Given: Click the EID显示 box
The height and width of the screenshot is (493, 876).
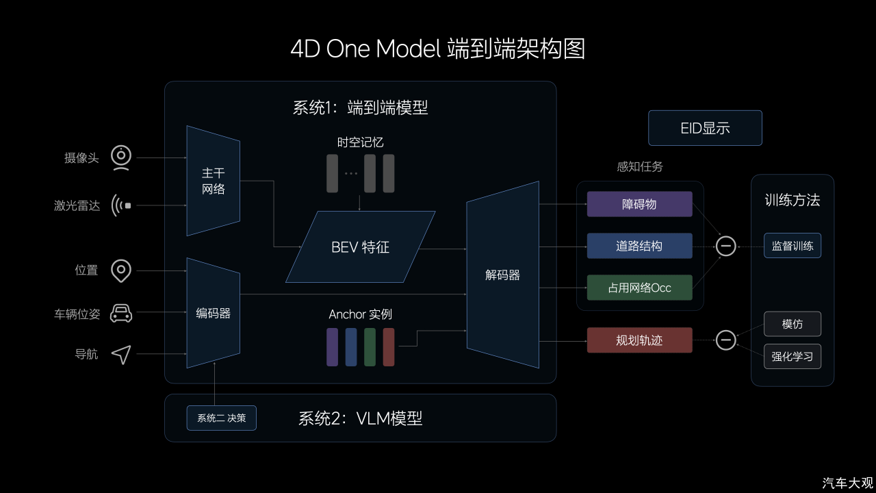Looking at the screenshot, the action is click(x=705, y=128).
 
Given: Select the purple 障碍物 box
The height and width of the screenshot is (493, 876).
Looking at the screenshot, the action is click(x=639, y=204).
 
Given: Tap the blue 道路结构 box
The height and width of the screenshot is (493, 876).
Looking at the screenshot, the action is click(x=639, y=246).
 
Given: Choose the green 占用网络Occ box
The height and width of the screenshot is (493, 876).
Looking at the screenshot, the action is click(x=639, y=288).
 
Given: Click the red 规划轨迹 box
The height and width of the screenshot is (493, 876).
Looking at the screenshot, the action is click(x=639, y=340).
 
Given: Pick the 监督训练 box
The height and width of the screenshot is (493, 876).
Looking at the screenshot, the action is click(x=793, y=245).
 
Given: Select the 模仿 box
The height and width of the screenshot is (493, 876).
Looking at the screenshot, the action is click(x=793, y=324).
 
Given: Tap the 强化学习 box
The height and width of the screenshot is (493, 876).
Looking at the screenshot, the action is click(x=793, y=356).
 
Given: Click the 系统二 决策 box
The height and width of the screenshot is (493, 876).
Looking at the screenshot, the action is click(x=221, y=418).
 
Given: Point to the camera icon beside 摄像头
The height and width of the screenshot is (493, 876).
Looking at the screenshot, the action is click(x=121, y=157).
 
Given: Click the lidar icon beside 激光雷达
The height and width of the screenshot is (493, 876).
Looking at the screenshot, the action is click(x=121, y=205).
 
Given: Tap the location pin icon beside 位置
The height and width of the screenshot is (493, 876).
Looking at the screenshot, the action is click(x=121, y=270).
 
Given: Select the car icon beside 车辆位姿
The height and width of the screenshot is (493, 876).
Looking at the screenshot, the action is click(x=121, y=314).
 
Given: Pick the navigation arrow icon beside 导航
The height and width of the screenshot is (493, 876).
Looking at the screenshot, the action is click(x=122, y=355).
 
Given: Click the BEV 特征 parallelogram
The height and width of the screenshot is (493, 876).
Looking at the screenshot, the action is click(x=360, y=246).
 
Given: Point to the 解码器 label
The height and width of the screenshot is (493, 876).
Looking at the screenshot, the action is click(x=502, y=275).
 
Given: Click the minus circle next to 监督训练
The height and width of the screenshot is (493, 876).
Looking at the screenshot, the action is click(x=726, y=246).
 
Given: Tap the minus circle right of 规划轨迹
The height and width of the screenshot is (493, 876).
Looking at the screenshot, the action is click(x=726, y=340).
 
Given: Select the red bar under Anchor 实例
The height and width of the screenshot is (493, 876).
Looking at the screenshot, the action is click(x=388, y=347).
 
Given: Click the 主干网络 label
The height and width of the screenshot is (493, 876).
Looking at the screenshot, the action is click(x=213, y=181).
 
